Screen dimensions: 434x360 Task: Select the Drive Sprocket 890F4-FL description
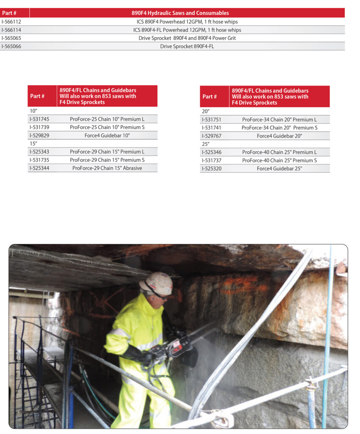187,46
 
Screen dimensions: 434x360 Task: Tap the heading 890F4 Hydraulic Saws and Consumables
187,13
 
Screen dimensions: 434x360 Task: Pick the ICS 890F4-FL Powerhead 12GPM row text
187,30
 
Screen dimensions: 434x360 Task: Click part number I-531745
39,119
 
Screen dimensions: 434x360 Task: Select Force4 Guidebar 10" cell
107,135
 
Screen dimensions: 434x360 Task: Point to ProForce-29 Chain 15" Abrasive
107,168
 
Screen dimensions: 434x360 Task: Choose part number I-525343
39,152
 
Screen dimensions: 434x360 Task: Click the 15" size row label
34,144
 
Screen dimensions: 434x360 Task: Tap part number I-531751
212,120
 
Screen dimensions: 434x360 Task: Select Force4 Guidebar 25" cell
279,168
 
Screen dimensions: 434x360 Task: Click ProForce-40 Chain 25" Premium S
279,160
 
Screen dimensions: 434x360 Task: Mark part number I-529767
212,136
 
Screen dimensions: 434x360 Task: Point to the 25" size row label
206,144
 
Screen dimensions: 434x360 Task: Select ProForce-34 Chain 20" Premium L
279,120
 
